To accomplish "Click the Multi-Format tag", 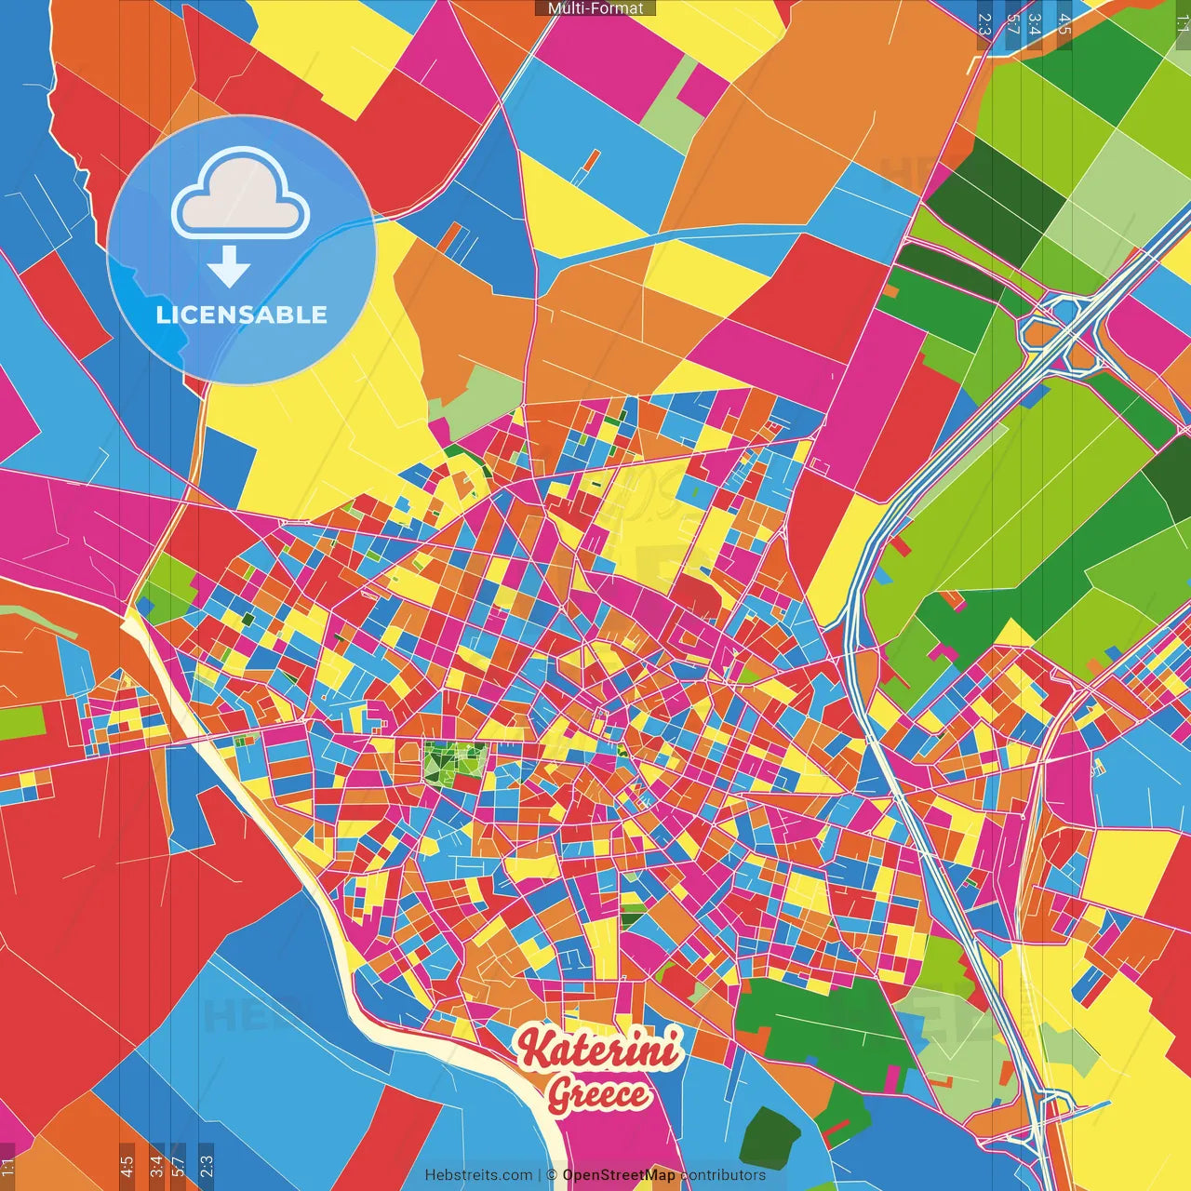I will point(595,8).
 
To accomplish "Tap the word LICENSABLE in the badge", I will point(242,314).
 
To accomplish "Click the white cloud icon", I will point(240,197).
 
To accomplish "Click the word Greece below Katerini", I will point(597,1094).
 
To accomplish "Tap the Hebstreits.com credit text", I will point(478,1175).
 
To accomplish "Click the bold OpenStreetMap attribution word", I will point(618,1175).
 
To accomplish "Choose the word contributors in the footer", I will point(723,1175).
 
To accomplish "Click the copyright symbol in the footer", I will point(552,1175).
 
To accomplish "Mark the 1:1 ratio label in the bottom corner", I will point(8,1167).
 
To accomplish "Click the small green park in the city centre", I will point(454,760).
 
